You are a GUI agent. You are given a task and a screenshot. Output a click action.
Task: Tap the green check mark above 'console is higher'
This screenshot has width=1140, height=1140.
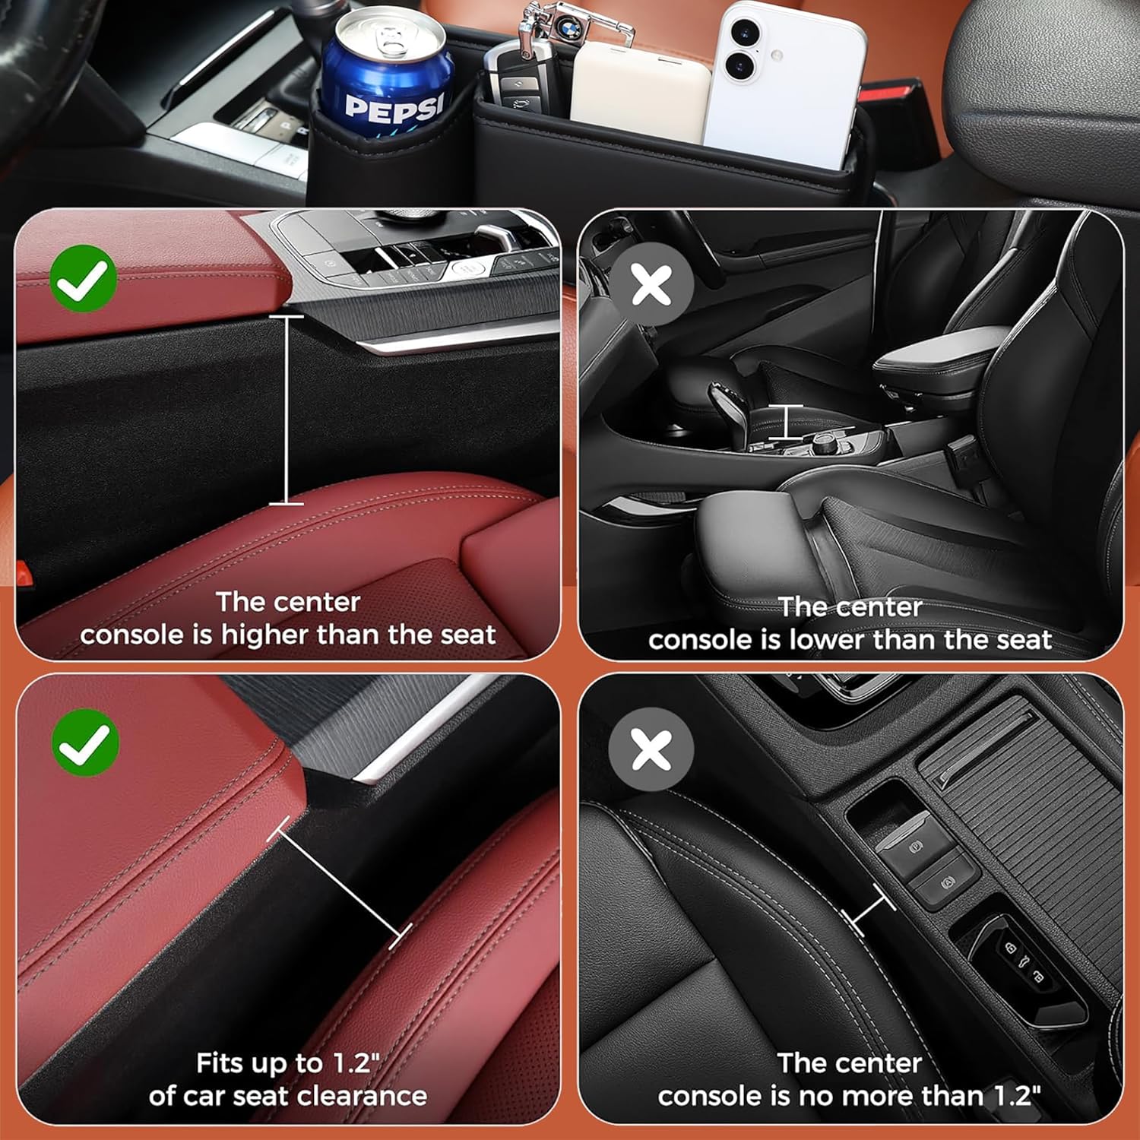84,278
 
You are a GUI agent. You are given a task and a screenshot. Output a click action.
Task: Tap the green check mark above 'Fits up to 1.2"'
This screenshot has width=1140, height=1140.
85,742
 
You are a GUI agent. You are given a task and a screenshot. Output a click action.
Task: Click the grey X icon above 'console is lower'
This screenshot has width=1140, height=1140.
651,284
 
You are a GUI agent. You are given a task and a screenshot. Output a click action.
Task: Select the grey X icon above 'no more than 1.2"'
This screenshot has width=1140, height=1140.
651,749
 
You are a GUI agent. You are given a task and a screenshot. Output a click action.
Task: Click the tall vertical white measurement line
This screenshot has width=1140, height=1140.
287,410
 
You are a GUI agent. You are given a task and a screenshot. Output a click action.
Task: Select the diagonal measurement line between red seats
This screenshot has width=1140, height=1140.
339,883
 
